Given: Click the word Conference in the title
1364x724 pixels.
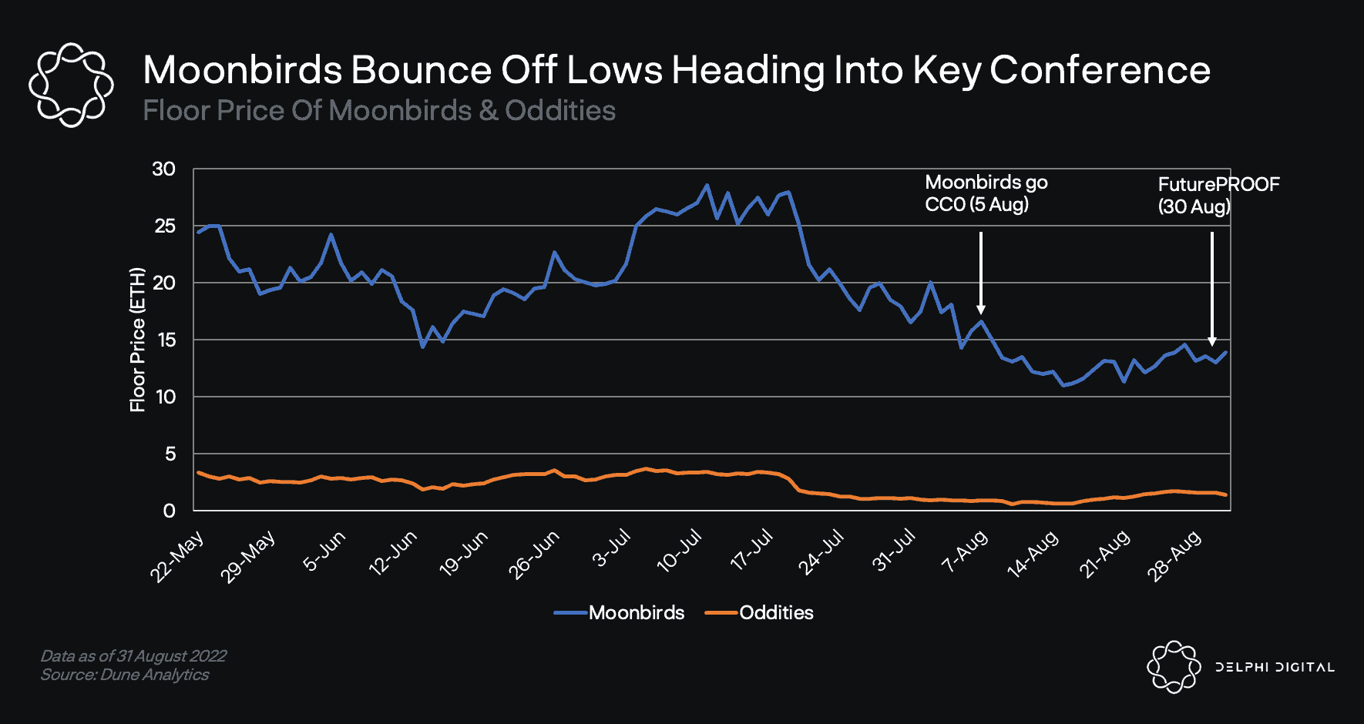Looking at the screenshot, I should pyautogui.click(x=1100, y=70).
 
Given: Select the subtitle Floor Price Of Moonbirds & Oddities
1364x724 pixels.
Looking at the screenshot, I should pyautogui.click(x=379, y=111).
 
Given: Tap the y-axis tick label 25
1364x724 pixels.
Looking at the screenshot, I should pyautogui.click(x=165, y=226).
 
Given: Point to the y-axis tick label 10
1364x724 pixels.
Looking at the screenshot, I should pyautogui.click(x=165, y=397).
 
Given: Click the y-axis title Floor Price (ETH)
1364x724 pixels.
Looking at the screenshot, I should pyautogui.click(x=137, y=340).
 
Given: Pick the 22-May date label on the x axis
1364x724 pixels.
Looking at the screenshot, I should pyautogui.click(x=178, y=556).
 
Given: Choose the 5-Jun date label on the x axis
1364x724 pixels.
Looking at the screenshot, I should pyautogui.click(x=324, y=551).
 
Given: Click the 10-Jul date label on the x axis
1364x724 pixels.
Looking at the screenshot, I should pyautogui.click(x=679, y=551).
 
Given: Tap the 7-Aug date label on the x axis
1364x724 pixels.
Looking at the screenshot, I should pyautogui.click(x=965, y=551).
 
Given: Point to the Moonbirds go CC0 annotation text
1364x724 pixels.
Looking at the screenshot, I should pyautogui.click(x=986, y=193).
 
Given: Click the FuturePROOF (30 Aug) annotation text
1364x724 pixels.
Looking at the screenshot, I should pyautogui.click(x=1218, y=195).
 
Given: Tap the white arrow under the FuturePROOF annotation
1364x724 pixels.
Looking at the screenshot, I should pyautogui.click(x=1212, y=289).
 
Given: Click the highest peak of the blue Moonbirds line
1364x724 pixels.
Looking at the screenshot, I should pyautogui.click(x=707, y=185).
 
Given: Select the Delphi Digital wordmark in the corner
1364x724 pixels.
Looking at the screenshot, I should pyautogui.click(x=1275, y=667).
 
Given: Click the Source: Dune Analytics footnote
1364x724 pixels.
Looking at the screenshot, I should pyautogui.click(x=125, y=675).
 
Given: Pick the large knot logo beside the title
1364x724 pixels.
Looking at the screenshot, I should pyautogui.click(x=71, y=85).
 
